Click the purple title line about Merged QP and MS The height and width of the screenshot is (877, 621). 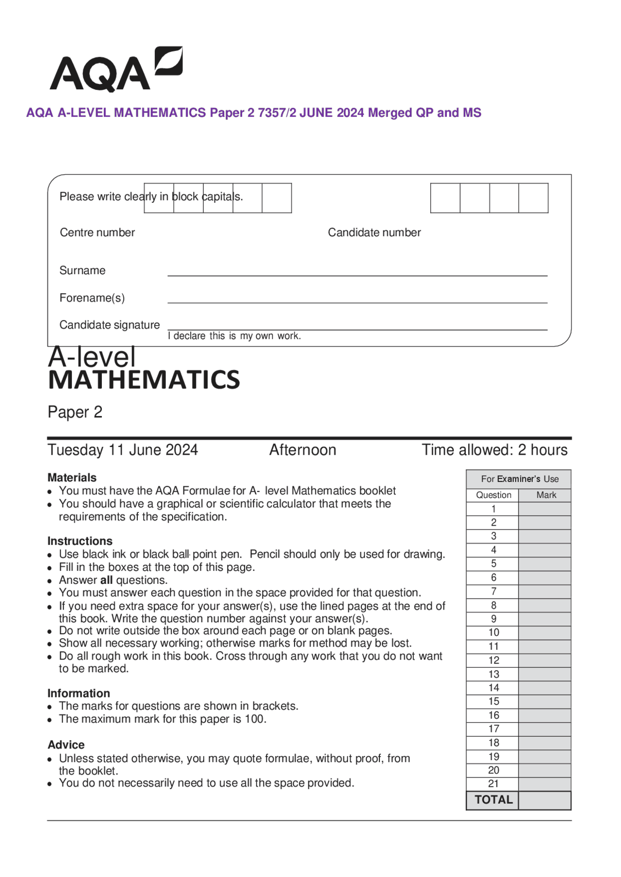click(x=253, y=113)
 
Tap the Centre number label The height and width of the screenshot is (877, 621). click(x=97, y=232)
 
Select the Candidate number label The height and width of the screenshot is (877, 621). click(x=374, y=232)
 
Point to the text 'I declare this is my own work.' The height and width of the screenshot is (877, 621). click(x=234, y=336)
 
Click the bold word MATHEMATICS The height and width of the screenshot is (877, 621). click(x=144, y=380)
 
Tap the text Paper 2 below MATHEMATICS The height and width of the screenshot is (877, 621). click(x=75, y=412)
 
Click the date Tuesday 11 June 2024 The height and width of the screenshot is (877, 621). click(x=122, y=450)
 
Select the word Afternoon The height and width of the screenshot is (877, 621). click(x=302, y=450)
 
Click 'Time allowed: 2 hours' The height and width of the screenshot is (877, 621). click(x=494, y=450)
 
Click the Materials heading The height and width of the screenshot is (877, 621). click(x=72, y=478)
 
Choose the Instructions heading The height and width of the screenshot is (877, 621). click(x=80, y=541)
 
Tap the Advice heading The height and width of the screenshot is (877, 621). click(x=66, y=745)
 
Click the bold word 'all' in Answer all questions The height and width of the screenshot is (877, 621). click(x=106, y=580)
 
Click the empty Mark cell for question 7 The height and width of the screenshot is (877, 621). click(x=544, y=591)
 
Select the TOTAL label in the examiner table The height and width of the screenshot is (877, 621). click(x=493, y=800)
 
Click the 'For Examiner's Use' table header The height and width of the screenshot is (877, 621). click(x=519, y=479)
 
